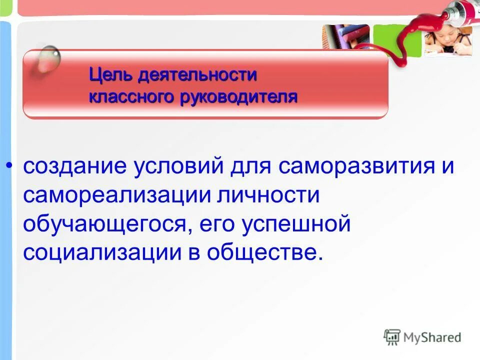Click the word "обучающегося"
tap(107, 224)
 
